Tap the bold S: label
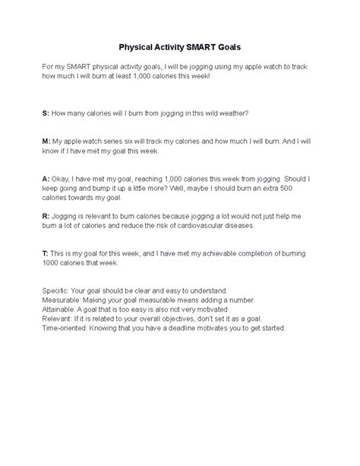tap(46, 113)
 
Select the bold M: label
tap(46, 141)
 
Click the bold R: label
tap(46, 216)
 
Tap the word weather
tap(232, 113)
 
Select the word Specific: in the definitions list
tap(58, 291)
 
